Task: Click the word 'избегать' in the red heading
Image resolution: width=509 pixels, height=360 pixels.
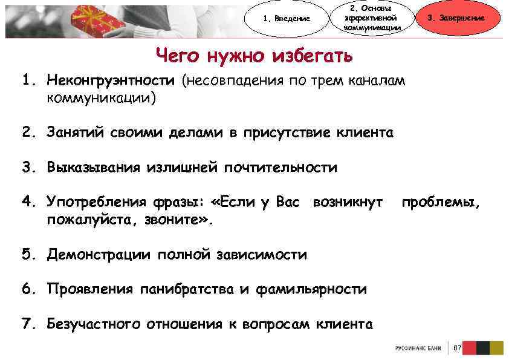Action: (312, 56)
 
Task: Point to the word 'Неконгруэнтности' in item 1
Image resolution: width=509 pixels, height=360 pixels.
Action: (111, 80)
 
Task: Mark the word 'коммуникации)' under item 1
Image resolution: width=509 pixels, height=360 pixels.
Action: (101, 97)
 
